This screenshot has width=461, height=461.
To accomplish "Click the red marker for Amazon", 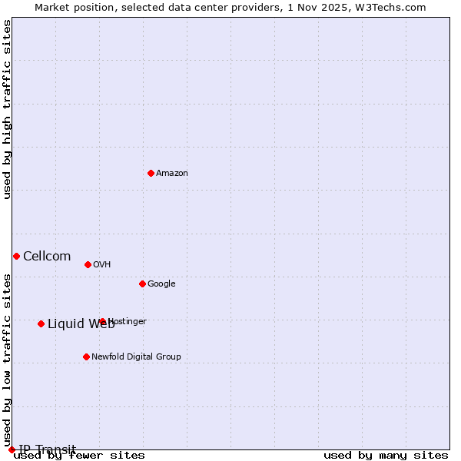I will click(x=151, y=173).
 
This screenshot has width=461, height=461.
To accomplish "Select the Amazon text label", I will click(x=172, y=174).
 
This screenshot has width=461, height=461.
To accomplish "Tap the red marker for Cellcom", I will click(x=16, y=256).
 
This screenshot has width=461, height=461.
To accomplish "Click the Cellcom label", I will click(x=47, y=257).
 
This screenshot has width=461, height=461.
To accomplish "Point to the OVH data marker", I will click(x=88, y=264).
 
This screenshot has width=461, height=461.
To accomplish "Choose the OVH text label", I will click(x=102, y=265).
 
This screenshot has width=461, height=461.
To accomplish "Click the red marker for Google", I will click(x=142, y=284).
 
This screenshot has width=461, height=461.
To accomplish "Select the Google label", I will click(x=161, y=284).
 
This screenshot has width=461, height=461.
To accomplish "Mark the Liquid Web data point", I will click(x=41, y=323).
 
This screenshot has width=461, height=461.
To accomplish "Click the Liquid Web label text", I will click(x=81, y=324).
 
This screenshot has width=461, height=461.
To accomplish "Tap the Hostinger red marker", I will click(x=102, y=321).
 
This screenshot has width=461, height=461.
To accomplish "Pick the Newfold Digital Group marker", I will click(x=86, y=357).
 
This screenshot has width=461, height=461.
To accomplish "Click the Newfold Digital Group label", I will click(x=136, y=357).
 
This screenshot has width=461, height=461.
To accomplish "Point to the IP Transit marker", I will click(x=12, y=449).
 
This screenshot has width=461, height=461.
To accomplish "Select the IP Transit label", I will click(x=47, y=449).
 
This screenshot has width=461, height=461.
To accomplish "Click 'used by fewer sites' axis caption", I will click(x=79, y=456).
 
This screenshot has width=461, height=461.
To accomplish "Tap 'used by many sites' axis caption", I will click(x=386, y=456).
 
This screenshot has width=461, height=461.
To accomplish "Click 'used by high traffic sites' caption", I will click(x=7, y=109).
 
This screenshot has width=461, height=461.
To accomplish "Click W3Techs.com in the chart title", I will click(x=393, y=8).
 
